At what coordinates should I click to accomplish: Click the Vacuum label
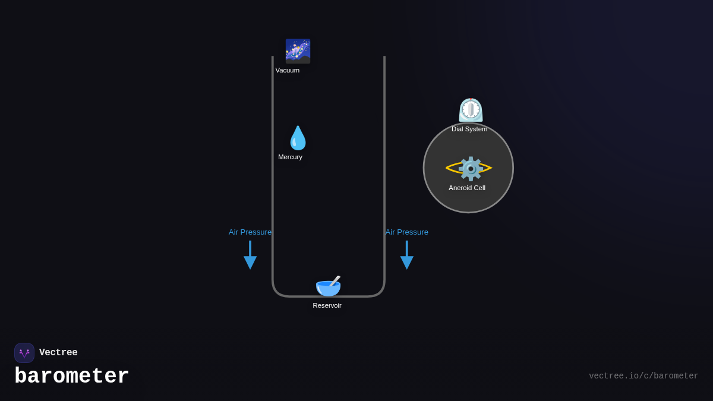[x=288, y=70]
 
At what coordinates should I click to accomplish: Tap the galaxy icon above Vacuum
[x=298, y=51]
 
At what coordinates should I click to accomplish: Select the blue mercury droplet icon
[x=298, y=138]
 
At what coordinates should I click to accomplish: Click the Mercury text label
[x=290, y=157]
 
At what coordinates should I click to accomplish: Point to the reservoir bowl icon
[x=327, y=287]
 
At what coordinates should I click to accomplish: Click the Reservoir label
[x=327, y=305]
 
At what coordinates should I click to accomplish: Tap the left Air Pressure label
[x=250, y=232]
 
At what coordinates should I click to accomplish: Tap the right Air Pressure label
[x=406, y=232]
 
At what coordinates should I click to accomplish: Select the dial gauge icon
[x=471, y=110]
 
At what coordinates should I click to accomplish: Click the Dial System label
[x=469, y=129]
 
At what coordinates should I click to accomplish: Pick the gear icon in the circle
[x=471, y=169]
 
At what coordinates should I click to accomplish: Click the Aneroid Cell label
[x=467, y=188]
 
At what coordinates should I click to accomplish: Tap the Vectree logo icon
[x=24, y=353]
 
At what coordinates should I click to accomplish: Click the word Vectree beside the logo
[x=58, y=352]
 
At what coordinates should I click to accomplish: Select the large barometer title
[x=72, y=376]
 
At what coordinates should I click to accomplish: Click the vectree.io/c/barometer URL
[x=643, y=376]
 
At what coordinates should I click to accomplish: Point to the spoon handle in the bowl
[x=336, y=280]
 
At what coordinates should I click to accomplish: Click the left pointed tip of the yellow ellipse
[x=447, y=169]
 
